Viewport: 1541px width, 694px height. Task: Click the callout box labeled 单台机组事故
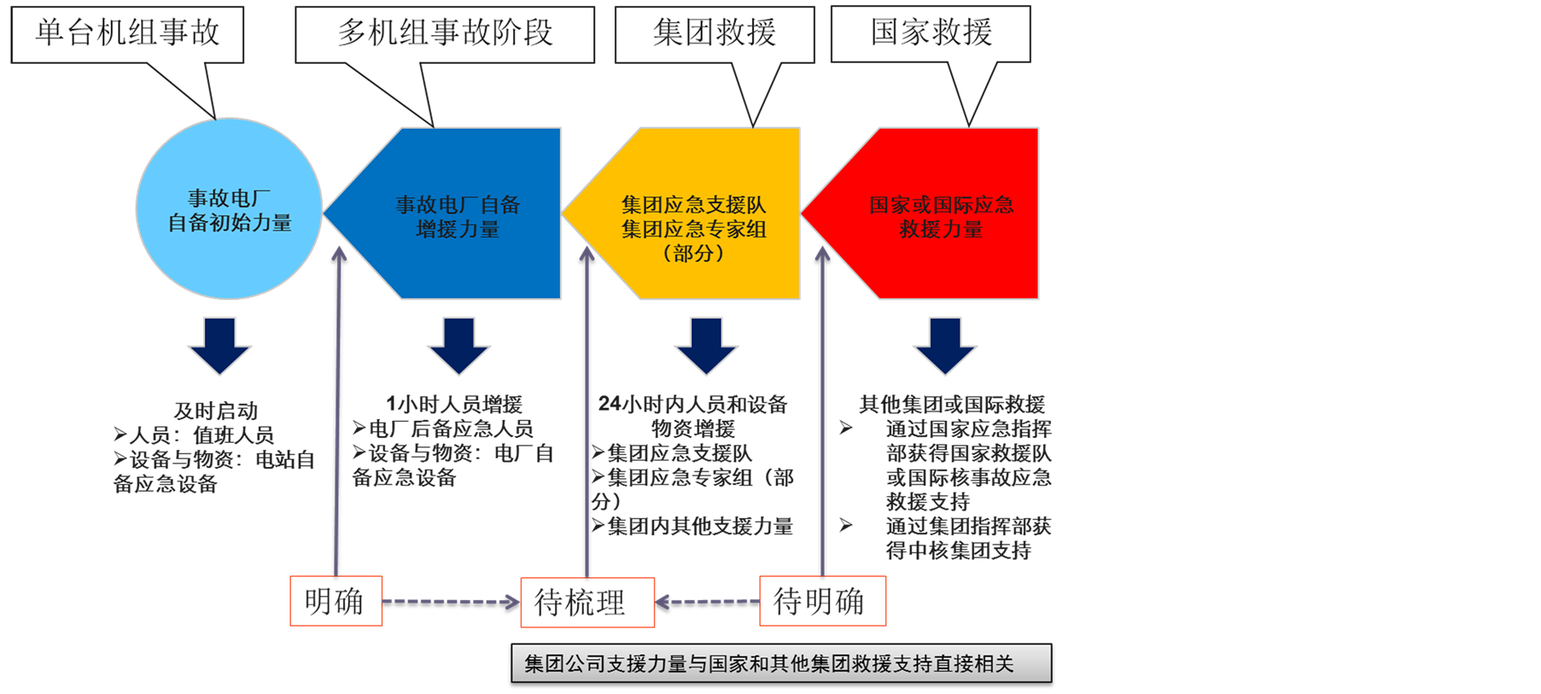click(127, 34)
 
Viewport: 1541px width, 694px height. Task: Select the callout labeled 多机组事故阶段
click(444, 34)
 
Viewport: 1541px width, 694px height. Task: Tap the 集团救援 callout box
click(715, 34)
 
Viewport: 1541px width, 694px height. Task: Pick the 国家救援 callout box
click(931, 34)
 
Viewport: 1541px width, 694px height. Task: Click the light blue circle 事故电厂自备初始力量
click(229, 210)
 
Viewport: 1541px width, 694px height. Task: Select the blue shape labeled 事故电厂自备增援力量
click(458, 216)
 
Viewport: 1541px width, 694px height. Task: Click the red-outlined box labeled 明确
click(336, 601)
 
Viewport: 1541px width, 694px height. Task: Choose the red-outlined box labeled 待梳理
click(587, 603)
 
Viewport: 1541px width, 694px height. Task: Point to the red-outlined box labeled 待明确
click(822, 601)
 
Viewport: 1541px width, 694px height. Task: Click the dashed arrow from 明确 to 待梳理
click(451, 602)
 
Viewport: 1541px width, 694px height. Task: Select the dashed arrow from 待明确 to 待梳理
click(707, 602)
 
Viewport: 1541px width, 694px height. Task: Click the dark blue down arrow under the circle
click(219, 346)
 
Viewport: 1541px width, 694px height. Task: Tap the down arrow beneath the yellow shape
click(706, 346)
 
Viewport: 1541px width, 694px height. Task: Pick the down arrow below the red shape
click(945, 346)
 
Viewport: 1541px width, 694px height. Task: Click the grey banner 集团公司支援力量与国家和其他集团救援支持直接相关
click(781, 663)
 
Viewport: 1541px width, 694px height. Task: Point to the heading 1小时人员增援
click(454, 404)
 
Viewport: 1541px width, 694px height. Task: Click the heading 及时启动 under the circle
click(215, 411)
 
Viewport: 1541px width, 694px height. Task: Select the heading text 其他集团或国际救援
click(952, 404)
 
